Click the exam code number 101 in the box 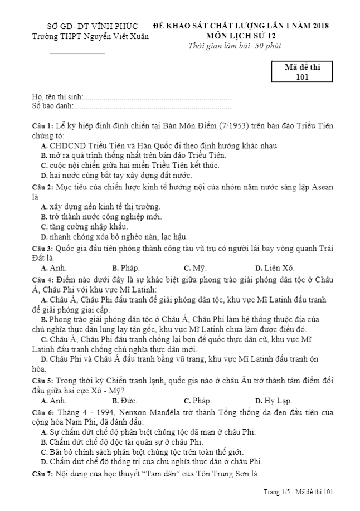pyautogui.click(x=302, y=77)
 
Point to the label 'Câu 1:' pyautogui.click(x=42, y=126)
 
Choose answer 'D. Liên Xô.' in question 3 pyautogui.click(x=275, y=267)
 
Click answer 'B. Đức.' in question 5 pyautogui.click(x=124, y=400)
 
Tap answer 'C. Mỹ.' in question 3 pyautogui.click(x=195, y=267)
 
